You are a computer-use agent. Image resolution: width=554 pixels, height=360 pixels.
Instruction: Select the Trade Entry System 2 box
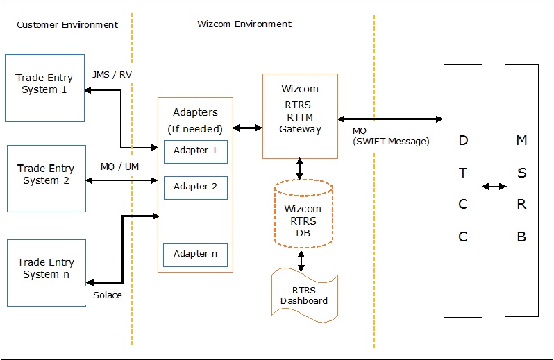[46, 178]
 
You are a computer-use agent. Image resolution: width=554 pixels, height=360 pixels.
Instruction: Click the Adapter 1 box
[195, 151]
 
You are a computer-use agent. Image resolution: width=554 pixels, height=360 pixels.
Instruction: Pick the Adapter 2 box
[195, 187]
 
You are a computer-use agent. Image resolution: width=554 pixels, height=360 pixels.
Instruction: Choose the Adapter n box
[195, 255]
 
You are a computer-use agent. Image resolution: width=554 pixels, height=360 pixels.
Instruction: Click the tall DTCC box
[463, 189]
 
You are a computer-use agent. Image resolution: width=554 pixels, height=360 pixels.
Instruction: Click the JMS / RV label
[110, 74]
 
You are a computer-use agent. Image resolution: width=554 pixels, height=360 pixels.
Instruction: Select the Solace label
[107, 295]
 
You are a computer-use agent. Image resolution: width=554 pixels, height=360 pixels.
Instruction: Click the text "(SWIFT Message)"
[391, 142]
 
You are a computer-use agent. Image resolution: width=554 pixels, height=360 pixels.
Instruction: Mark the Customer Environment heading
[67, 24]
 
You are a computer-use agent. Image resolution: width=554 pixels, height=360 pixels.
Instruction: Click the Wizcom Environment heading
[244, 24]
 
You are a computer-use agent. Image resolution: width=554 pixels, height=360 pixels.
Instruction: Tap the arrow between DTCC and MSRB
[494, 187]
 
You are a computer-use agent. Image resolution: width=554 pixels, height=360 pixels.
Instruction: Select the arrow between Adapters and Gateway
[248, 128]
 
